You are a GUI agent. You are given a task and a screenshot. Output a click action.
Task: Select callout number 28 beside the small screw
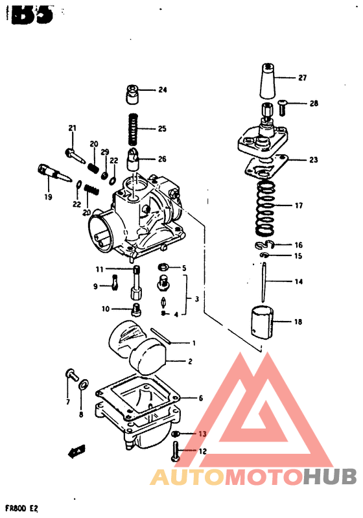[314, 103]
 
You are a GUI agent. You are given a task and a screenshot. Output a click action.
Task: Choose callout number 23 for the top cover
[314, 159]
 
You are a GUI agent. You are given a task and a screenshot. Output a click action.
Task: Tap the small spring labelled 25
[134, 128]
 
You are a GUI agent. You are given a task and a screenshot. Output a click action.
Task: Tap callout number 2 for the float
[190, 362]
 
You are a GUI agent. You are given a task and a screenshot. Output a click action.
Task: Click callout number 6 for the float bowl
[201, 398]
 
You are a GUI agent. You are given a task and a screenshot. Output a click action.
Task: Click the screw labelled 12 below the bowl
[176, 451]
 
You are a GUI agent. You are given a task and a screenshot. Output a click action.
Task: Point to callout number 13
[202, 434]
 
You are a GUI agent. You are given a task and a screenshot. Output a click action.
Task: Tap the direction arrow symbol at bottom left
[76, 449]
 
